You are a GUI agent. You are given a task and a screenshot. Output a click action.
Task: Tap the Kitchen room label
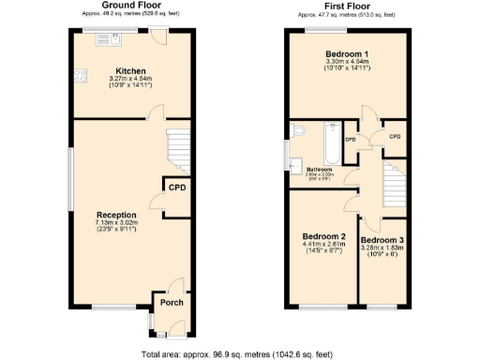[128, 71]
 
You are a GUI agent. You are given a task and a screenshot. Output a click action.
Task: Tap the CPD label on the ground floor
[176, 187]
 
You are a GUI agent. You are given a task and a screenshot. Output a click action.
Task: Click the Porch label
[172, 302]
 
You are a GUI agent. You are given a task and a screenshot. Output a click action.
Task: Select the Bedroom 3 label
[382, 241]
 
